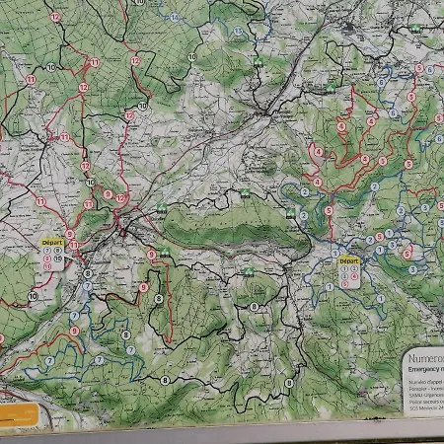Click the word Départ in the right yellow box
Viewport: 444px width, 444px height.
click(349, 261)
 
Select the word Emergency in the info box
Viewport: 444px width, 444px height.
click(422, 370)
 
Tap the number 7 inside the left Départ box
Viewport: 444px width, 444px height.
click(46, 251)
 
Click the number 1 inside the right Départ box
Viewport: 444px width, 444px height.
click(344, 269)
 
